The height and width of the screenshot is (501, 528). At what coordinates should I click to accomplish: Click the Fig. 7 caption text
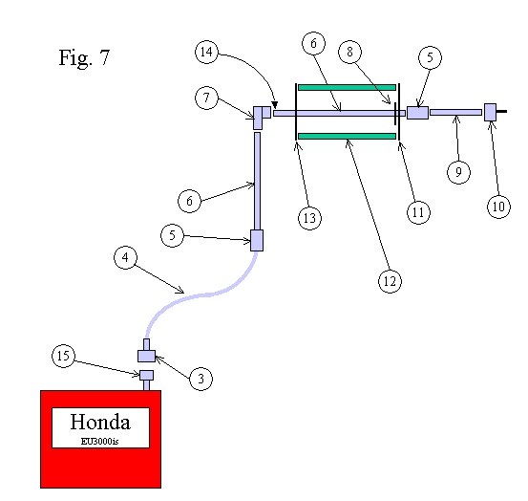[x=84, y=57]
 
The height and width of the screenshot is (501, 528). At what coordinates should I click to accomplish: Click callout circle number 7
[x=210, y=97]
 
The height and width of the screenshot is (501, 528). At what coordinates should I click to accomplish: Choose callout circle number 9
[x=458, y=171]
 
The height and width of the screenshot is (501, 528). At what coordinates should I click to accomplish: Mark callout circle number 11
[x=416, y=212]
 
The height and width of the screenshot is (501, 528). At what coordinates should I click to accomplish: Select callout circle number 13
[x=308, y=218]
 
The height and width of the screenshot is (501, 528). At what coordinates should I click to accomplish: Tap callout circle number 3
[x=200, y=380]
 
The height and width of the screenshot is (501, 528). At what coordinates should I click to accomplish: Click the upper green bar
[x=347, y=87]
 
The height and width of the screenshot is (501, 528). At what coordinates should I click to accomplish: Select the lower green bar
[x=347, y=137]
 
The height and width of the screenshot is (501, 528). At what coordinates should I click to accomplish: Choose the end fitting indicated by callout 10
[x=490, y=112]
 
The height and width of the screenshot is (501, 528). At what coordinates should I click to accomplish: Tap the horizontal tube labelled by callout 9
[x=455, y=113]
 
